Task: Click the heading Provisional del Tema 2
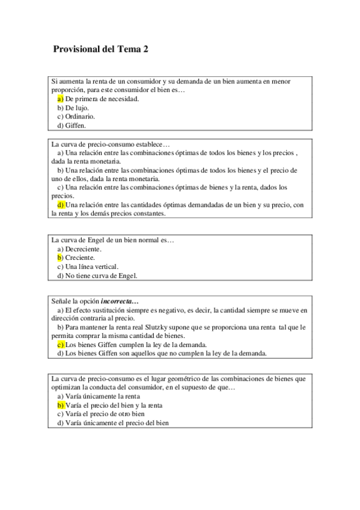point(100,50)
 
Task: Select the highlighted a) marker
point(60,99)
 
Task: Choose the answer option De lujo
point(73,108)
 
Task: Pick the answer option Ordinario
point(76,117)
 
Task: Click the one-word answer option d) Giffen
point(72,126)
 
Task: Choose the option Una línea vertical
point(88,267)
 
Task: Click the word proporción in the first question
point(68,90)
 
